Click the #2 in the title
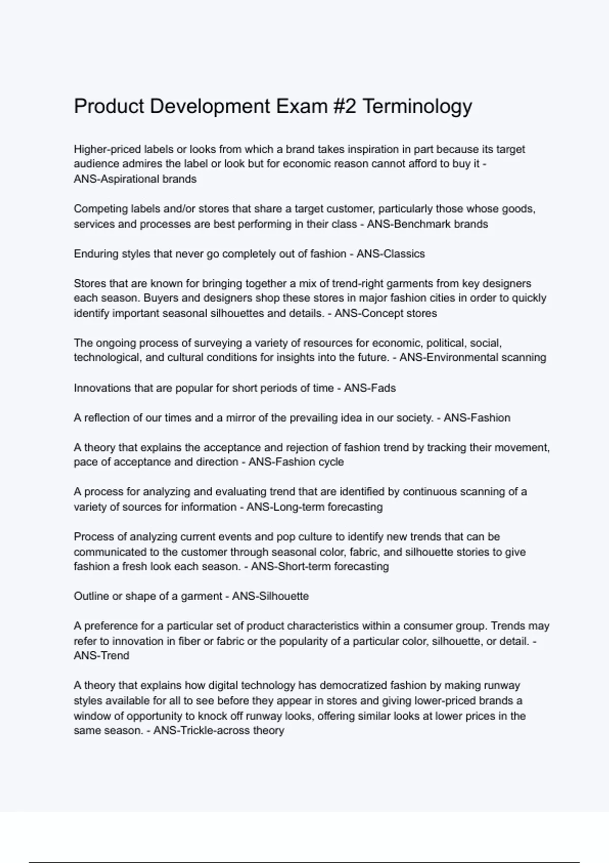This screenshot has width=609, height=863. (x=345, y=107)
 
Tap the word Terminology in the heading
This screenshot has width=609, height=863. (x=418, y=107)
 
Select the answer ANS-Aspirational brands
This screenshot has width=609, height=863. (x=135, y=179)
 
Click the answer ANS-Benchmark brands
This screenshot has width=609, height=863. (x=427, y=224)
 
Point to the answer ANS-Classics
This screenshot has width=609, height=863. (x=390, y=254)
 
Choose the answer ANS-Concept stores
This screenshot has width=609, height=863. (x=385, y=313)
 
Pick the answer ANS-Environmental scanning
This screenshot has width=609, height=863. (x=472, y=357)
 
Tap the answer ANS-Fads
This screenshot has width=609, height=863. (x=369, y=388)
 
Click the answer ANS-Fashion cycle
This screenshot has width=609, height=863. (x=296, y=462)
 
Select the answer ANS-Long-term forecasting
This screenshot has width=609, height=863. (x=314, y=507)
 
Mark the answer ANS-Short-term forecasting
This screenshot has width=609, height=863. (x=320, y=567)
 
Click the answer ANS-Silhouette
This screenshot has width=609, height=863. (x=270, y=596)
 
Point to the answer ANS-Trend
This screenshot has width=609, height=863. (x=101, y=655)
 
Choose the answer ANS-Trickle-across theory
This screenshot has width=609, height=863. (x=218, y=731)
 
